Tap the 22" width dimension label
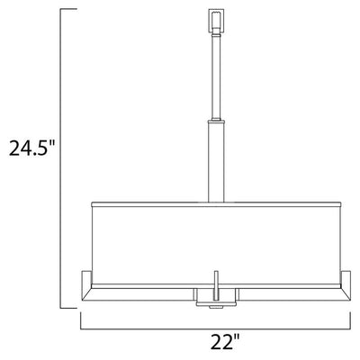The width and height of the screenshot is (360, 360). tap(225, 342)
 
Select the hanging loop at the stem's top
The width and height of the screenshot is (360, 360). tap(216, 21)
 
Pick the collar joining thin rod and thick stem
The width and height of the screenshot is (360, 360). tap(216, 121)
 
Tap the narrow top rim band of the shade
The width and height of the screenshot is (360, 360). tap(216, 204)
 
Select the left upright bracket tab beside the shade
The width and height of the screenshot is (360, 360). tap(86, 280)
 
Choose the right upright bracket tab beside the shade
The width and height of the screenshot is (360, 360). tap(346, 280)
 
